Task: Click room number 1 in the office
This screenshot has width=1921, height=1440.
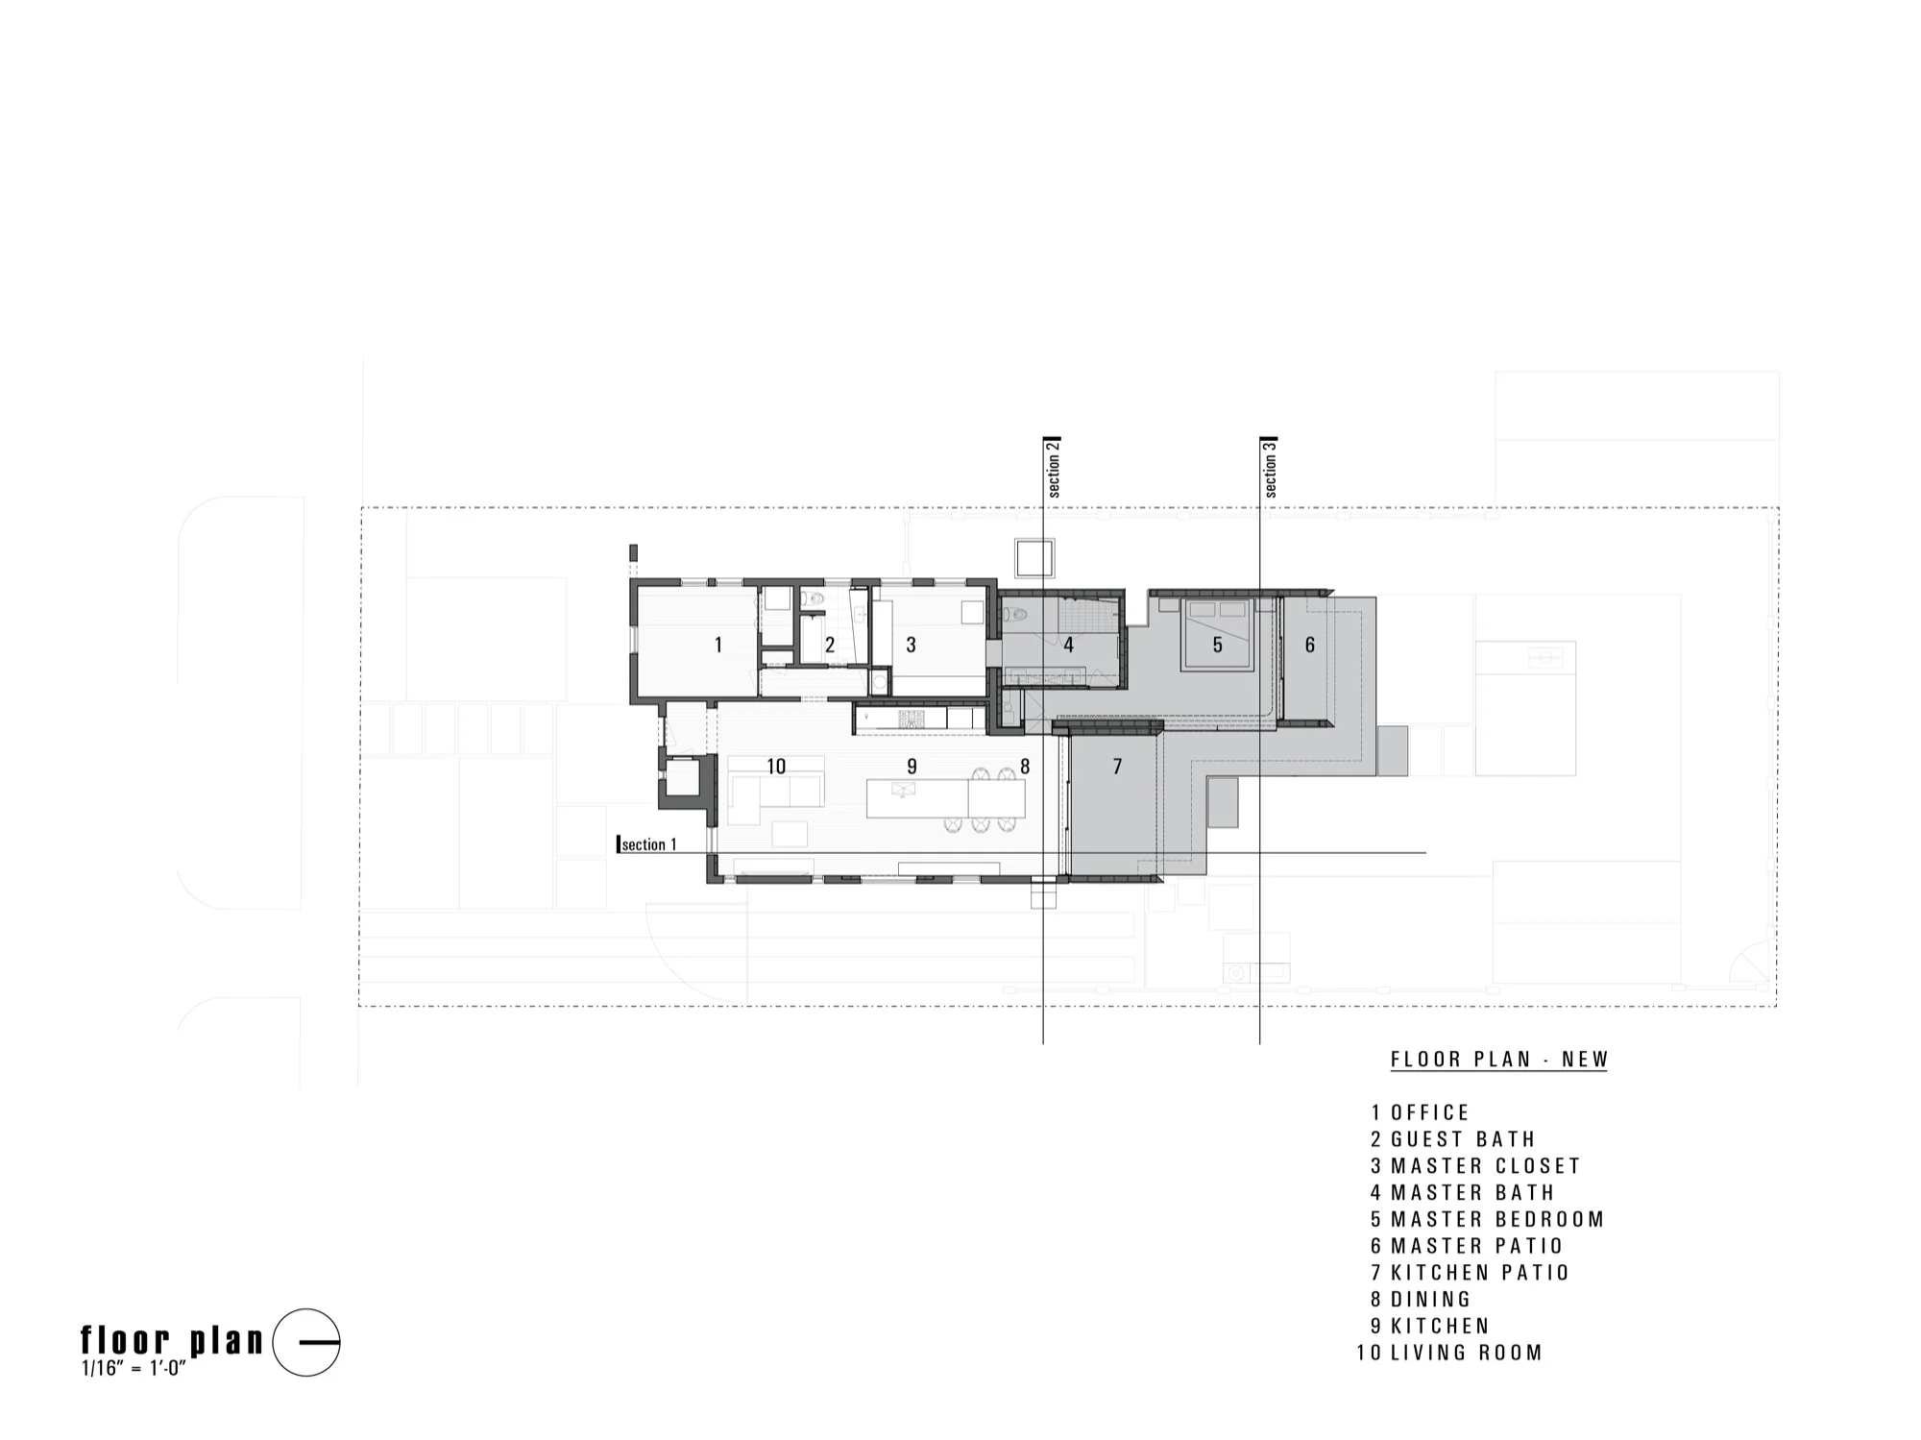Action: [x=718, y=645]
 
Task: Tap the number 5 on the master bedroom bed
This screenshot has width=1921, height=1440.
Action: [x=1217, y=645]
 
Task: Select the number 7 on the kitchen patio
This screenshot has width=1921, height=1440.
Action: [x=1117, y=767]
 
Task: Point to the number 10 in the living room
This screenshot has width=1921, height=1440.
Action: [x=776, y=767]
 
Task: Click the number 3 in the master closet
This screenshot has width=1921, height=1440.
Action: [x=911, y=645]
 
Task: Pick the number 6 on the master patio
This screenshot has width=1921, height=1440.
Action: [x=1309, y=645]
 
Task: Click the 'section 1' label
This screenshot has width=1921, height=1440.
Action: [x=648, y=844]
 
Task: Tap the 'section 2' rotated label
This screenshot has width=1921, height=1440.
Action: [x=1054, y=468]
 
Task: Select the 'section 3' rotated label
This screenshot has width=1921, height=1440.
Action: [x=1270, y=468]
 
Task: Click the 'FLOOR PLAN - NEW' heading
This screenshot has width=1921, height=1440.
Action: [x=1499, y=1060]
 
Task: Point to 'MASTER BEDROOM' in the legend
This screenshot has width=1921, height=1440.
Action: [x=1497, y=1219]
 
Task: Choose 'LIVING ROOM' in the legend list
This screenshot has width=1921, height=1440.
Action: [x=1467, y=1353]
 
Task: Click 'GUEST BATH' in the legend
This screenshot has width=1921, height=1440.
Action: [x=1463, y=1139]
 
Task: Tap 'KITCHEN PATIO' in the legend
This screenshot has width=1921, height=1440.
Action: [x=1480, y=1273]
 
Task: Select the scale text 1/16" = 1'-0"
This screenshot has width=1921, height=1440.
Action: [x=134, y=1367]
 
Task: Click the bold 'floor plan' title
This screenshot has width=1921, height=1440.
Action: [x=172, y=1339]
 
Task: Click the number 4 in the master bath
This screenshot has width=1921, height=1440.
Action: [x=1068, y=645]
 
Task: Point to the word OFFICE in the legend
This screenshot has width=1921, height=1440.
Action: [x=1430, y=1112]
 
